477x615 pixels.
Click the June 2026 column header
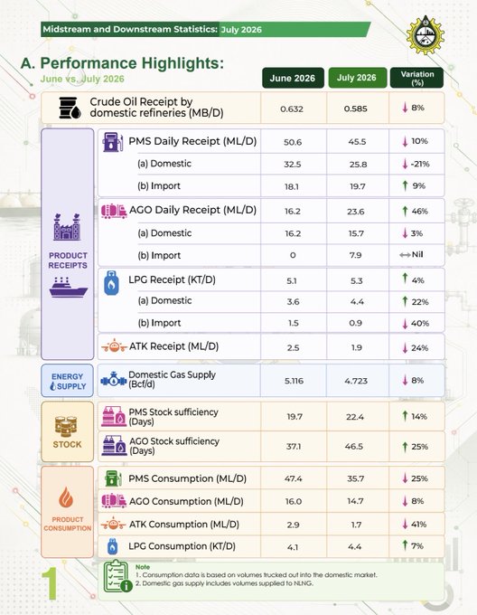tap(293, 78)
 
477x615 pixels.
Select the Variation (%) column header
tap(417, 78)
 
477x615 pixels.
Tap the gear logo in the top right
tap(425, 35)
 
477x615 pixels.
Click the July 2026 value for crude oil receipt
tap(356, 109)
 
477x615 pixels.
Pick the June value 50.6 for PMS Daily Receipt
tap(293, 142)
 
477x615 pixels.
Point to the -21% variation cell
tap(416, 164)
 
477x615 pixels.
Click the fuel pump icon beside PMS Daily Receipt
tap(112, 142)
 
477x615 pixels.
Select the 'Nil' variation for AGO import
tap(411, 254)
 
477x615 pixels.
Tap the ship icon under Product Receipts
tap(68, 287)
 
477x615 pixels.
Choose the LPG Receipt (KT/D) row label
tap(172, 280)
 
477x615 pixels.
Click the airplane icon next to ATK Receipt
tap(114, 346)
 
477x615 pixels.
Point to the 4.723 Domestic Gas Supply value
tap(356, 381)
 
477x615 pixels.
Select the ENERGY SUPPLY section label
tap(68, 382)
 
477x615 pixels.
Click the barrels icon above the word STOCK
tap(66, 427)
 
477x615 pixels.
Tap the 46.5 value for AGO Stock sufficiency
tap(354, 447)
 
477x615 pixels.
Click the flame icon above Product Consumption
tap(66, 497)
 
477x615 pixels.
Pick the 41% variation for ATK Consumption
tap(416, 524)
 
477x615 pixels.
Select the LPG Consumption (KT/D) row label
tap(182, 546)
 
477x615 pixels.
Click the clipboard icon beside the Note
tap(117, 576)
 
